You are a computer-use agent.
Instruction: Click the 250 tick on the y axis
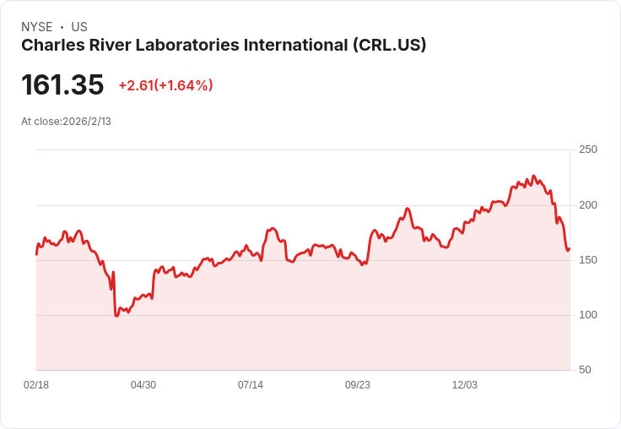[588, 149]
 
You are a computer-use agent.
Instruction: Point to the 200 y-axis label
[588, 205]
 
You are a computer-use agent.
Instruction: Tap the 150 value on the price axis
[588, 260]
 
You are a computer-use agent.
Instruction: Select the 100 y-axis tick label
[588, 315]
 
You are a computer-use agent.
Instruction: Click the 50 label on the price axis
[585, 370]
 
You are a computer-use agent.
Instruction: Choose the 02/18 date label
[36, 385]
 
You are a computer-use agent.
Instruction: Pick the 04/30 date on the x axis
[143, 385]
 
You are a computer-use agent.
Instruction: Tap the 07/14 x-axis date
[251, 385]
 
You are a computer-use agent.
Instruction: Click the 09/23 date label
[358, 385]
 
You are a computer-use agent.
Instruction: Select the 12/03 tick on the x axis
[465, 385]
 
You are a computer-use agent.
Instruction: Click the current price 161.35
[62, 84]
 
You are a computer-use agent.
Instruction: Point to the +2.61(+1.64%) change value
[165, 85]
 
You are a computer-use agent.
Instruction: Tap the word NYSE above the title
[37, 27]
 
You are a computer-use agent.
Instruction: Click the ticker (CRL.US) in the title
[390, 46]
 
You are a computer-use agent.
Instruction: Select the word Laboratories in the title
[187, 46]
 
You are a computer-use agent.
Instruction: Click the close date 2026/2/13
[87, 122]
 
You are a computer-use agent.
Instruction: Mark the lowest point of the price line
[116, 316]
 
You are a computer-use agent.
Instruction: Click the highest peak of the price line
[533, 176]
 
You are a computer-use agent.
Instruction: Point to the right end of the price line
[570, 249]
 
